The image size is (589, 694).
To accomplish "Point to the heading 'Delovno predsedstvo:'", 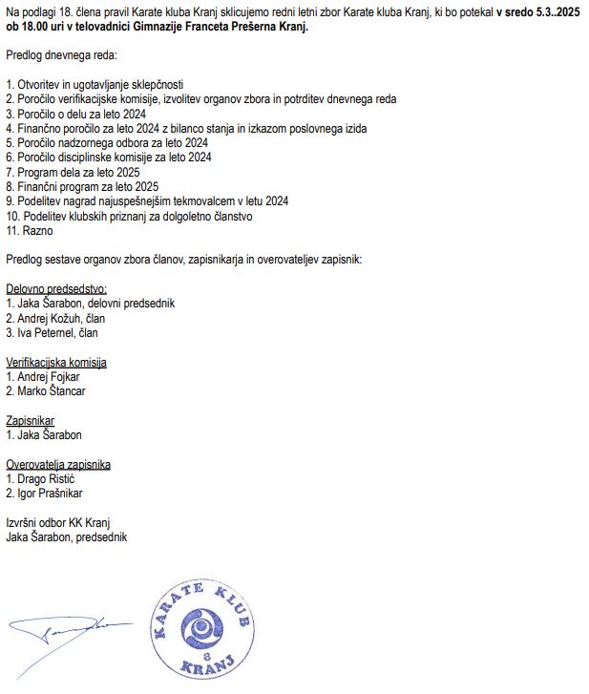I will click(x=56, y=288).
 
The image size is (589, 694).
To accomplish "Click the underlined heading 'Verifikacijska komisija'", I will click(x=56, y=362).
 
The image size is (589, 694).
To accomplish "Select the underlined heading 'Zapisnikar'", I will click(x=31, y=420).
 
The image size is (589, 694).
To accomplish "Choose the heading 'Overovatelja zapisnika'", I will click(x=58, y=464).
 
